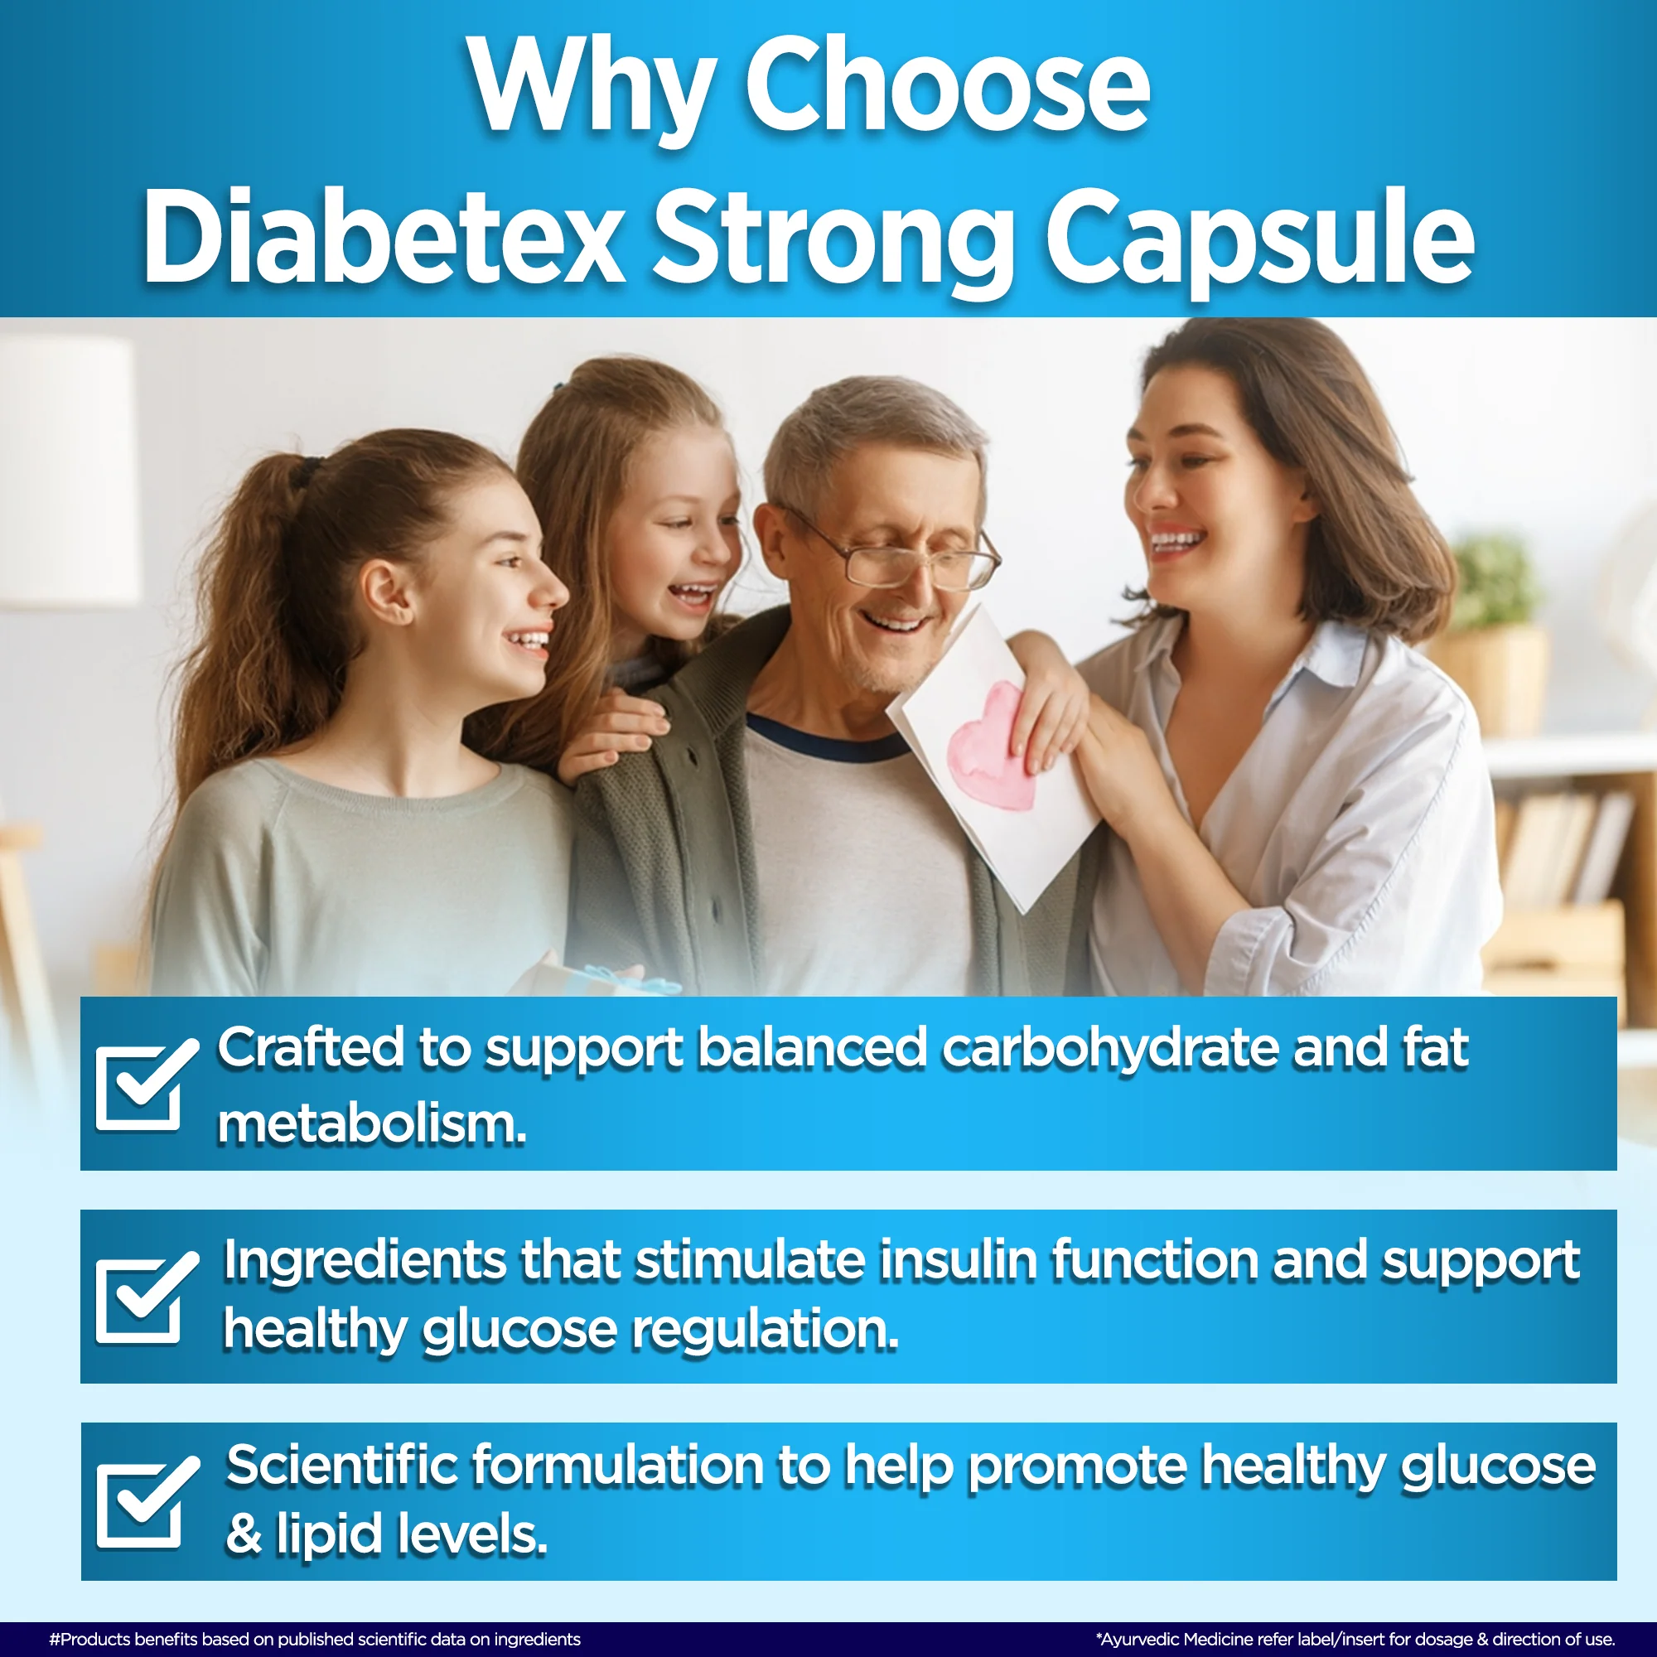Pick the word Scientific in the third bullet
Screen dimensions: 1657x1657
pyautogui.click(x=342, y=1465)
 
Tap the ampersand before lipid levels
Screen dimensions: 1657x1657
pyautogui.click(x=244, y=1534)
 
